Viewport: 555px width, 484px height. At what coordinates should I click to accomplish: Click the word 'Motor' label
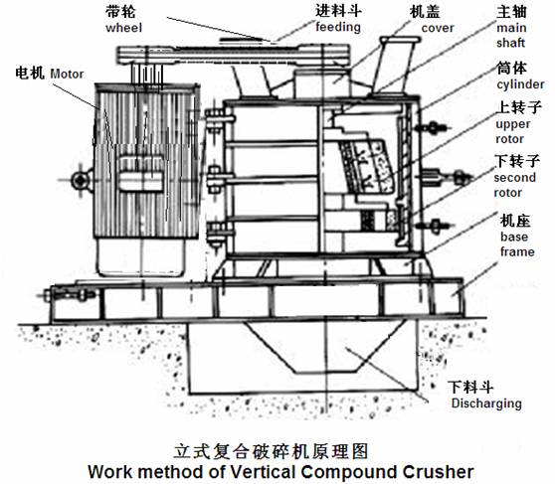(x=67, y=74)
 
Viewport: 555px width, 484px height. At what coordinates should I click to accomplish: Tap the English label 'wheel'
(x=123, y=28)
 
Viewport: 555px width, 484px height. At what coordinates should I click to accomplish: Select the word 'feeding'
(x=338, y=27)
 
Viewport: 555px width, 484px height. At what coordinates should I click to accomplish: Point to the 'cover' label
(x=438, y=28)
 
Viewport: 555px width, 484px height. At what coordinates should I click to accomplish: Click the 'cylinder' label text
(x=520, y=84)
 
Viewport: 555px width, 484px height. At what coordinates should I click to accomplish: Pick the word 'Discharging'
(x=486, y=403)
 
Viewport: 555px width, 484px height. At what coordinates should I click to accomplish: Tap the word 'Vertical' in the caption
(x=263, y=472)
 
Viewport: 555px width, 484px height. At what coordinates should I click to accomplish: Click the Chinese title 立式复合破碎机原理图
(x=272, y=451)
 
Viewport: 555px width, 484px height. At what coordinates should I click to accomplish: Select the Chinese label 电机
(x=30, y=73)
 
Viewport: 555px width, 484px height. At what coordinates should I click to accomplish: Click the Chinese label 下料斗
(x=470, y=387)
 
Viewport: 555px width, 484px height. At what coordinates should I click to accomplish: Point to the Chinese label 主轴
(x=511, y=12)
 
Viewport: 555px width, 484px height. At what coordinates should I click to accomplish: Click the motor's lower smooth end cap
(x=141, y=256)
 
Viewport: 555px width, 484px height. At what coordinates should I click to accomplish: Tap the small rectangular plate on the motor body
(x=141, y=182)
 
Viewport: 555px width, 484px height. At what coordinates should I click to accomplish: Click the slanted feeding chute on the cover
(x=393, y=66)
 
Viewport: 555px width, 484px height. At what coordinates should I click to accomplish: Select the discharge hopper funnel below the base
(x=326, y=347)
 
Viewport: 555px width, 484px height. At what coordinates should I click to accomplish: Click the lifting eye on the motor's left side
(x=80, y=181)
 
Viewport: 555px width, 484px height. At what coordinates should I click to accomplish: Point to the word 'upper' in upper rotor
(x=513, y=124)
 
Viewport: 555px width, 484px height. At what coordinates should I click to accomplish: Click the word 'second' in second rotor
(x=514, y=177)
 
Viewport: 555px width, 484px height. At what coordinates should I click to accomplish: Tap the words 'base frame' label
(x=517, y=244)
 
